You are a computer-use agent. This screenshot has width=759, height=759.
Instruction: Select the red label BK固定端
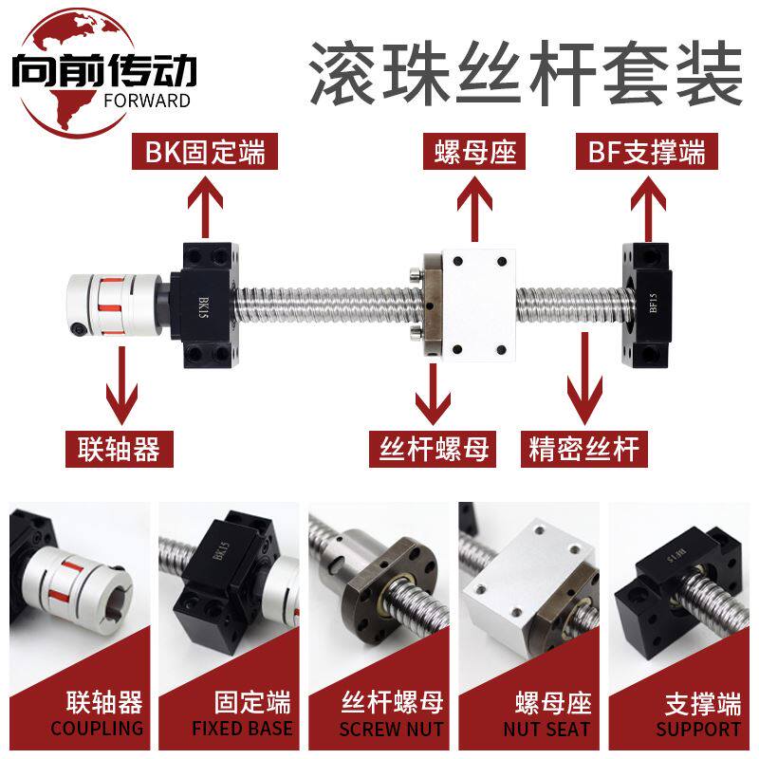204,150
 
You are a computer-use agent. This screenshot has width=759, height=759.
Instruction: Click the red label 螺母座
475,150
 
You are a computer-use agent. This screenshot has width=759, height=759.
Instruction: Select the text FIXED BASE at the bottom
242,729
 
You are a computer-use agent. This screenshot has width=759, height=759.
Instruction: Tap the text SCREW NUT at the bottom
392,729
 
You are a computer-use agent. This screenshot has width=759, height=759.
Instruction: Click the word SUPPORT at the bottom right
697,729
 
